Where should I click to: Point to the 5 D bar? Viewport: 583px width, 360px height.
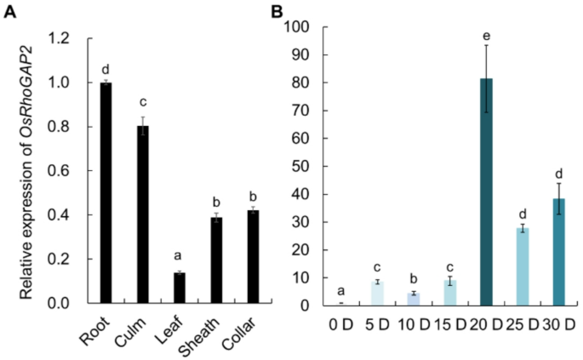[x=376, y=293]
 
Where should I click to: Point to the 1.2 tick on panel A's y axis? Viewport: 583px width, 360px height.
[x=60, y=38]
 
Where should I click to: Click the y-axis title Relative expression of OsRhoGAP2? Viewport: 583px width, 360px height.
[x=28, y=170]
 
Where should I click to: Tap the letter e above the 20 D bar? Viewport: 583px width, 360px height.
[x=486, y=34]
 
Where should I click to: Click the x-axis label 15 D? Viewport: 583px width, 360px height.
[x=447, y=324]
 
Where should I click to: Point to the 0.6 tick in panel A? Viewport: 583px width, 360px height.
[x=60, y=171]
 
